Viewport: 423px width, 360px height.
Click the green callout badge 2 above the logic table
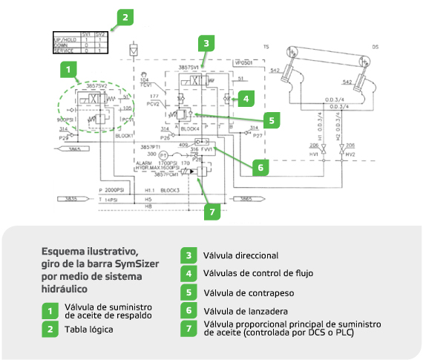click(x=127, y=16)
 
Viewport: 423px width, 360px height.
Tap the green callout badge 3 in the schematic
click(x=209, y=43)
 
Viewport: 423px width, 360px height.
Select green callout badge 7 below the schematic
click(x=213, y=212)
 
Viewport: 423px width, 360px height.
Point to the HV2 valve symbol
click(x=341, y=154)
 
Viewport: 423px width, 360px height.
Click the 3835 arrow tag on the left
click(x=70, y=199)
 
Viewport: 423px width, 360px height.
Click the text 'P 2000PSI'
click(x=114, y=190)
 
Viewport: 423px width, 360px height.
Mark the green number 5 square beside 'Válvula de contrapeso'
click(x=188, y=292)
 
